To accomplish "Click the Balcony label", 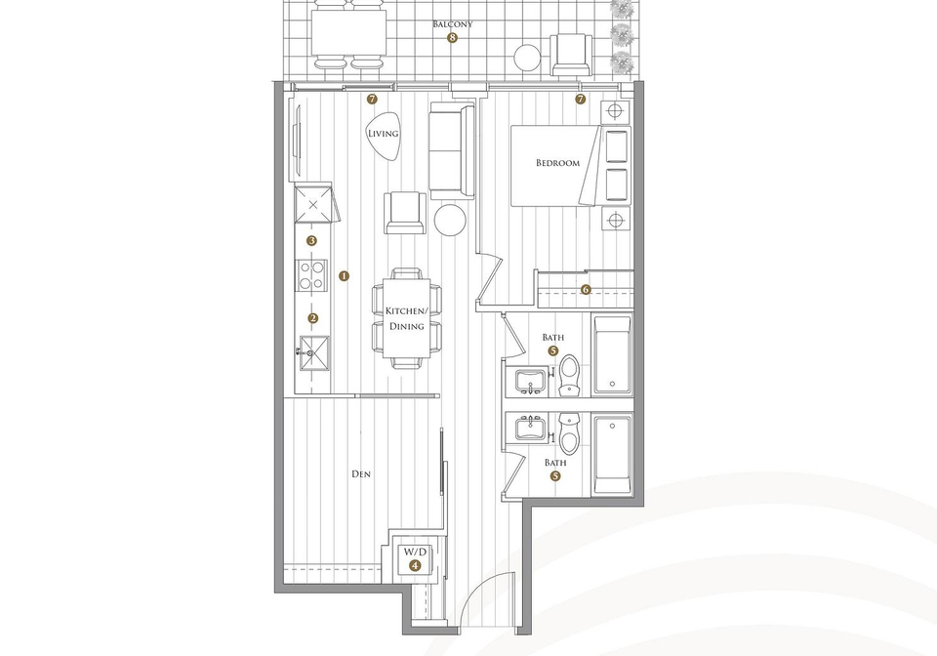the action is (x=452, y=24).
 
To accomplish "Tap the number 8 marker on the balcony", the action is (x=452, y=38).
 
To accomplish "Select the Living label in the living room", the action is (x=383, y=134).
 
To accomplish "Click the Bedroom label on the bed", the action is (x=557, y=163).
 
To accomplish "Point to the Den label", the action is (x=361, y=474).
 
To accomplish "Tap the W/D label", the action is (x=416, y=553).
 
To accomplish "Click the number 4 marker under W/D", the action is (x=415, y=566).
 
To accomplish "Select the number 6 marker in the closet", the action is (x=586, y=290).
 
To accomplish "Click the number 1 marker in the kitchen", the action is (x=344, y=276).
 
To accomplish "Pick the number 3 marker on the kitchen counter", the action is (x=311, y=241).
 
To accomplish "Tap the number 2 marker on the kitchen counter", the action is (x=313, y=319).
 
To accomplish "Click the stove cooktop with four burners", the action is (x=312, y=275).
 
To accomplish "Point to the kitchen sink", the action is (x=313, y=353).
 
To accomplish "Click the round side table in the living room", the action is (x=449, y=220).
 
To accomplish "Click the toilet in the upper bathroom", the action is (x=569, y=376).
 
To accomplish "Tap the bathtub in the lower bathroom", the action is (x=612, y=455).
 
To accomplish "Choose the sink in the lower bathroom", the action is (x=531, y=429).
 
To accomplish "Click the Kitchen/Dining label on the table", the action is (x=407, y=319).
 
